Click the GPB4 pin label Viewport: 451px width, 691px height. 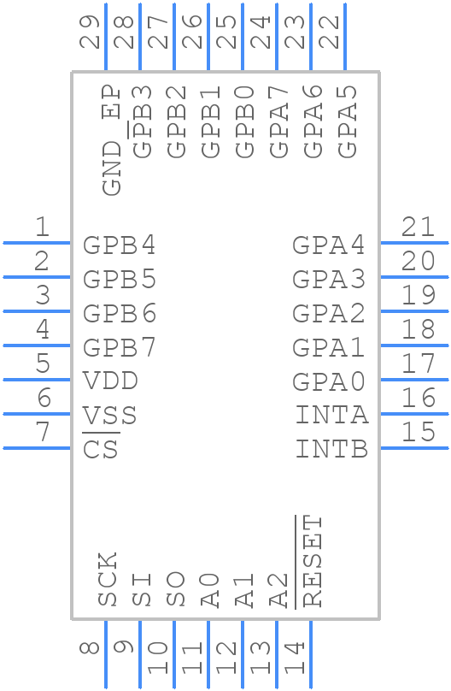(120, 245)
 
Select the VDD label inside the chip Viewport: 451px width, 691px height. (110, 381)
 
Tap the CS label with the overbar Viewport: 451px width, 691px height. (101, 449)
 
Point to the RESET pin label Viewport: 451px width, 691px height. (313, 561)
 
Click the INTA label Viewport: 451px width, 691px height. (332, 416)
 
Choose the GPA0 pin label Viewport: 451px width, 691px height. (329, 381)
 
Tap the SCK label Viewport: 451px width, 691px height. (108, 580)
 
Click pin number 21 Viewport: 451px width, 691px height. (419, 227)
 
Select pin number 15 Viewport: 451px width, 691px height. (419, 432)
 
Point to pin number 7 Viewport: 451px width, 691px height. (42, 432)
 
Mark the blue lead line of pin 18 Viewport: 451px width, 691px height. (414, 345)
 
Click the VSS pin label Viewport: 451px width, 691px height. (109, 416)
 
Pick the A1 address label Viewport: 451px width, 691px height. (244, 591)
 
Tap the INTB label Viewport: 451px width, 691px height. (332, 449)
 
